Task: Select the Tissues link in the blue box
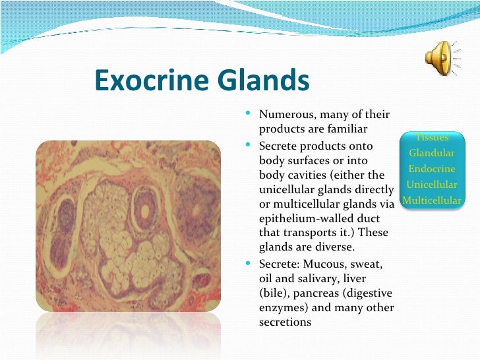(432, 138)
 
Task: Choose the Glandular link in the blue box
(432, 153)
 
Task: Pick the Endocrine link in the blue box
(432, 169)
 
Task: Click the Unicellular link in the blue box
(432, 185)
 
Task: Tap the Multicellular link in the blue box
(432, 200)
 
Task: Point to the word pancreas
(318, 293)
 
